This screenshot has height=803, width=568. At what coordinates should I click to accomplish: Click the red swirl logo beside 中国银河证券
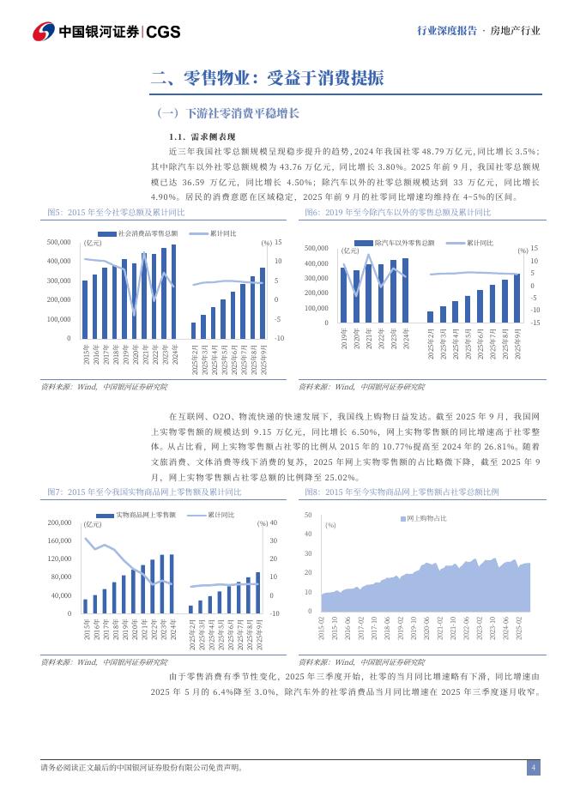pos(44,32)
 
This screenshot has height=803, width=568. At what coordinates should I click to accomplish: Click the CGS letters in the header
pos(163,32)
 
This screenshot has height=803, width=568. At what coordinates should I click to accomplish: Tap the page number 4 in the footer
pos(533,767)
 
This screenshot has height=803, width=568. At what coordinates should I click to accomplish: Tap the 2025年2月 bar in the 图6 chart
pos(431,317)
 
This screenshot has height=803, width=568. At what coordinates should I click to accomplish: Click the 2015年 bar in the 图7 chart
pos(86,606)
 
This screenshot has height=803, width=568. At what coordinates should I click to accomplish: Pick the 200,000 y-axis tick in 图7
pos(58,522)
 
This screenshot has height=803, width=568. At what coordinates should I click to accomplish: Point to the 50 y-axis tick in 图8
pos(307,515)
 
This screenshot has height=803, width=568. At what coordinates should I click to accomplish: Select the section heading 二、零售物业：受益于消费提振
pos(266,78)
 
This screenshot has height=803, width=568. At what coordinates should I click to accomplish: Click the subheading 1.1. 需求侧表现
pos(202,137)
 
